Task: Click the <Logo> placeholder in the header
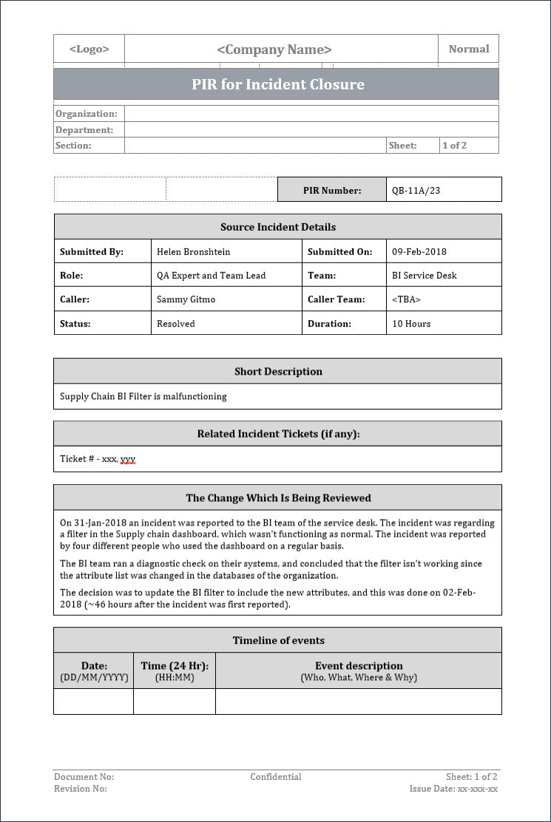tap(89, 50)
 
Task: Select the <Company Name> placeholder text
tap(274, 50)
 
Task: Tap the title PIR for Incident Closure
tap(278, 84)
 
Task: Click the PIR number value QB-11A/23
tap(416, 190)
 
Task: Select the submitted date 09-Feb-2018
tap(419, 251)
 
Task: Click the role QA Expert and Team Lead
tap(211, 275)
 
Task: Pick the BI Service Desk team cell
tap(424, 275)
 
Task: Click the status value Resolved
tap(176, 323)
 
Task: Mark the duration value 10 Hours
tap(411, 323)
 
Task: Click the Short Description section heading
tap(278, 371)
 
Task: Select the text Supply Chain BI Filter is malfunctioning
tap(143, 396)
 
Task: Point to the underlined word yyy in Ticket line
tap(128, 459)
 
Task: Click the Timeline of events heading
tap(278, 640)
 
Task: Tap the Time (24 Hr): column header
tap(174, 665)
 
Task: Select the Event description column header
tap(359, 665)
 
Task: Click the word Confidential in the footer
tap(275, 777)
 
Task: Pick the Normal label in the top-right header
tap(469, 49)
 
